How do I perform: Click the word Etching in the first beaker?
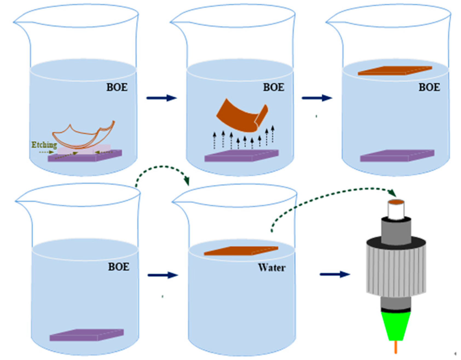tap(44, 145)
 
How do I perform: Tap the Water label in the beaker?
tap(271, 267)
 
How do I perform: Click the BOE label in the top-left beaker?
tap(117, 87)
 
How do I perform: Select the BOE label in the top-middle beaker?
tap(274, 87)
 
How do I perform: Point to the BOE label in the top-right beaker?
tap(429, 87)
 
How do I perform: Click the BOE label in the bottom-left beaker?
tap(118, 267)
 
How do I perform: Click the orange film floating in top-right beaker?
tap(395, 70)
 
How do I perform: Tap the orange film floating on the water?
tap(241, 251)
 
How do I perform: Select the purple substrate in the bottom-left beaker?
tap(86, 335)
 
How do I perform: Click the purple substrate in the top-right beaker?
tap(397, 155)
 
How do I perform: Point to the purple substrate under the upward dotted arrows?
tap(241, 155)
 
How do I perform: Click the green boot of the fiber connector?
tap(396, 326)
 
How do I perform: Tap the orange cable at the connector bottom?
tap(396, 347)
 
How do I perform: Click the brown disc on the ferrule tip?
tap(396, 202)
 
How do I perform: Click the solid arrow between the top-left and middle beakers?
tap(161, 98)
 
